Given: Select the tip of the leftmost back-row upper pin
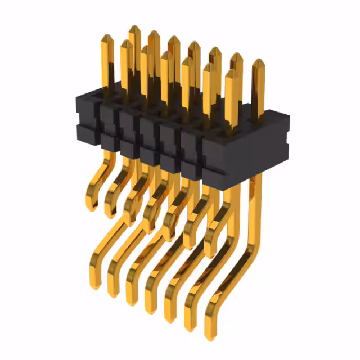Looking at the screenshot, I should pyautogui.click(x=134, y=29).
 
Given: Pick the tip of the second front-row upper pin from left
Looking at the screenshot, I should pyautogui.click(x=127, y=43).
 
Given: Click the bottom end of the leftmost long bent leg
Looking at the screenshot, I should pyautogui.click(x=95, y=284).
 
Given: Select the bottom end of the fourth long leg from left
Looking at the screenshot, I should pyautogui.click(x=151, y=309).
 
